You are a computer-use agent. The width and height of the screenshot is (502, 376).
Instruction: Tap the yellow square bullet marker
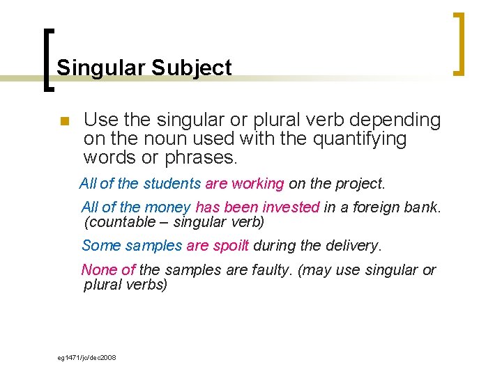[x=64, y=123]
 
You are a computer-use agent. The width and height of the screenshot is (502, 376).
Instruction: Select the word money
[x=167, y=207]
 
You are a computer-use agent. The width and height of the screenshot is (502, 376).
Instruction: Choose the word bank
[x=424, y=207]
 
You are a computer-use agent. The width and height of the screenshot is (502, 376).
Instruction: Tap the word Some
[x=97, y=246]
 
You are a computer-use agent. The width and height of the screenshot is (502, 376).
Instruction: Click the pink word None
[x=98, y=270]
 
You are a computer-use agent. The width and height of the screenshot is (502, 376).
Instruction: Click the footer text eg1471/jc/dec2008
[x=86, y=357]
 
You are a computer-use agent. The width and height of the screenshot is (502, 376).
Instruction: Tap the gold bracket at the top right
[x=459, y=43]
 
